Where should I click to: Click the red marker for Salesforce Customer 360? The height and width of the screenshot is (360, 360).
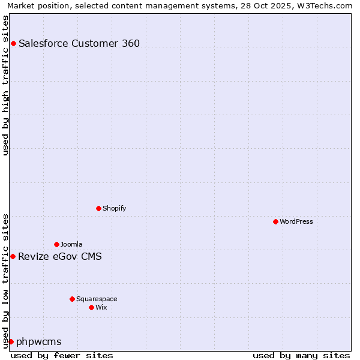click(x=13, y=43)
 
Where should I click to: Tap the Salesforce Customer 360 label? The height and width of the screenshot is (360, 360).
click(x=79, y=43)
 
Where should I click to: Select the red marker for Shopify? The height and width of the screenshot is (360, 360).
click(x=98, y=208)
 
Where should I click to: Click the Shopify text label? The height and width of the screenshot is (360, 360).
click(x=114, y=208)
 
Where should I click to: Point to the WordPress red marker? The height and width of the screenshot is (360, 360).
click(x=275, y=221)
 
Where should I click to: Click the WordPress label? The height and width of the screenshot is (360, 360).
click(x=296, y=221)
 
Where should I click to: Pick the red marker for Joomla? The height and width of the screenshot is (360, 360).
click(x=56, y=244)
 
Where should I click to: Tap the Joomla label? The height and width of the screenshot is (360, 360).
click(x=71, y=244)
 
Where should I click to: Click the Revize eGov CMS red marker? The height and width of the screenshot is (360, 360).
click(x=13, y=256)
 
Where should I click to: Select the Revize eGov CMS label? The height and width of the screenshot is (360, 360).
click(x=60, y=257)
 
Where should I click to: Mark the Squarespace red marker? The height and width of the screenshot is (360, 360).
click(x=72, y=299)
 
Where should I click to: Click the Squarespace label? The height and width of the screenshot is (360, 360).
click(x=97, y=299)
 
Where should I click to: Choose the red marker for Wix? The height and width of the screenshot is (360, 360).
click(x=91, y=307)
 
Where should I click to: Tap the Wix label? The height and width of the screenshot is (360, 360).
click(x=101, y=307)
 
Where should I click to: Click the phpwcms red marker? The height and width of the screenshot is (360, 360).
click(x=11, y=341)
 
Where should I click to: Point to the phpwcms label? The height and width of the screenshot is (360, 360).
click(x=39, y=342)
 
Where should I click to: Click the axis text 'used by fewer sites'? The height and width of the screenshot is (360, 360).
click(x=62, y=355)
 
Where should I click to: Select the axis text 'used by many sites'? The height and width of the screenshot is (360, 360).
click(x=301, y=355)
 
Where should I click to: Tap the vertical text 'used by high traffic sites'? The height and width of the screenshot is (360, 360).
click(x=5, y=85)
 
